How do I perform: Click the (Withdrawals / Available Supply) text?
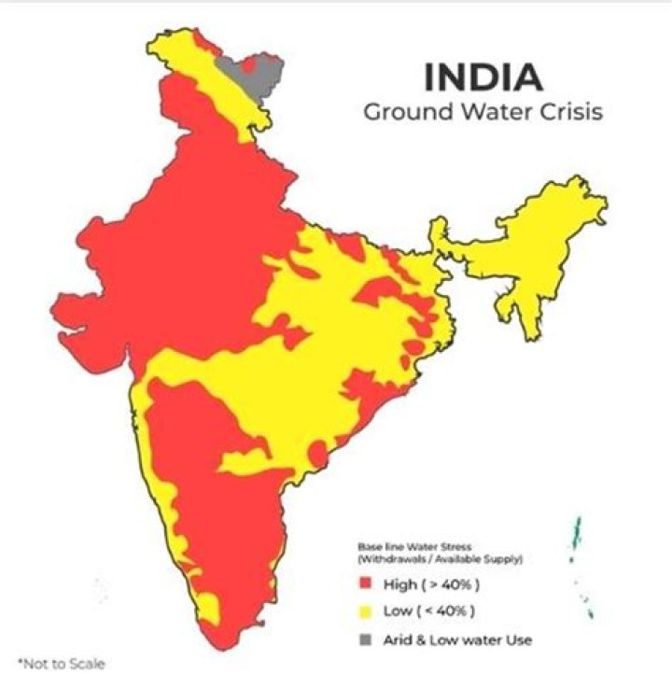pos(440,559)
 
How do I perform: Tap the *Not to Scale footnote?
pos(55,664)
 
